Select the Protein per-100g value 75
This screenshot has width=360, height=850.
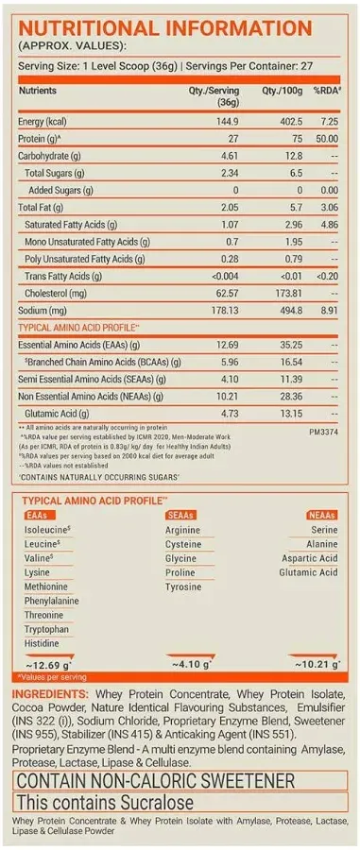click(x=295, y=139)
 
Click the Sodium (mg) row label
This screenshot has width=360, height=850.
click(x=44, y=309)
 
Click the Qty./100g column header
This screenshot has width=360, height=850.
click(x=283, y=91)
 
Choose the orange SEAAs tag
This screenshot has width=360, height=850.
click(x=179, y=515)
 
